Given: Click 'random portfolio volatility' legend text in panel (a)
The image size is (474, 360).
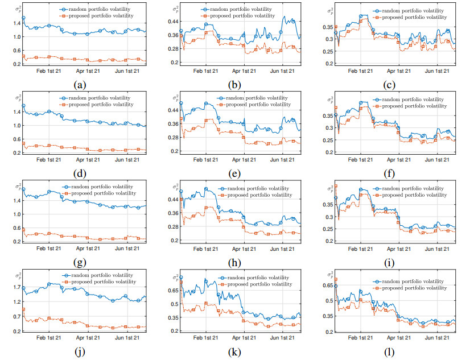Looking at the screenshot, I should pyautogui.click(x=102, y=10).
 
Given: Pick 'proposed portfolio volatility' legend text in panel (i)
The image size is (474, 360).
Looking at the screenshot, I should pyautogui.click(x=418, y=195).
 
